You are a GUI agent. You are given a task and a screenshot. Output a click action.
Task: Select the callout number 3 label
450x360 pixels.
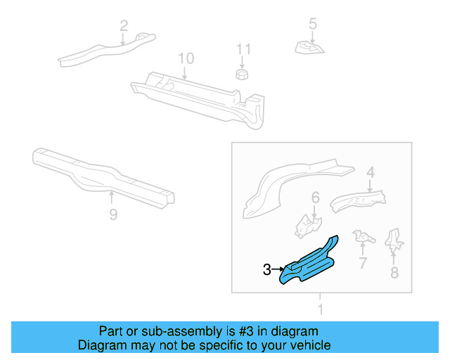click(x=266, y=269)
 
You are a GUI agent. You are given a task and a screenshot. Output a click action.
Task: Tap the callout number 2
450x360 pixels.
click(x=124, y=27)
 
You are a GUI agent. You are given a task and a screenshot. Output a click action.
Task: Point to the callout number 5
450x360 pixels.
click(x=313, y=24)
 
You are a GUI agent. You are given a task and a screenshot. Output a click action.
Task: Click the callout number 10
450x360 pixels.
click(x=185, y=58)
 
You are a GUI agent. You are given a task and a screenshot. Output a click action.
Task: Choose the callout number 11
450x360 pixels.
click(x=243, y=49)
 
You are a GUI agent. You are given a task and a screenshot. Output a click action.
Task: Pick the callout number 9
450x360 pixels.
click(x=113, y=215)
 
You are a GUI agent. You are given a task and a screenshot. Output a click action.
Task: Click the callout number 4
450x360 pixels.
click(x=371, y=171)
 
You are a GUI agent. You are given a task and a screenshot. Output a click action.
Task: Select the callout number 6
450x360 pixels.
click(x=316, y=197)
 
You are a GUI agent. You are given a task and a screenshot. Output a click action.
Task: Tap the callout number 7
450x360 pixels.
click(x=363, y=264)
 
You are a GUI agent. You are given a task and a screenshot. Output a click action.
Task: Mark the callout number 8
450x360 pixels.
click(x=394, y=271)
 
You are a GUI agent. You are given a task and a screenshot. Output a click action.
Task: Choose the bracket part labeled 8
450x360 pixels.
click(x=395, y=240)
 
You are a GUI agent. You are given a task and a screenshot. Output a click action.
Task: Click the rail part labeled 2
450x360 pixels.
click(x=105, y=49)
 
